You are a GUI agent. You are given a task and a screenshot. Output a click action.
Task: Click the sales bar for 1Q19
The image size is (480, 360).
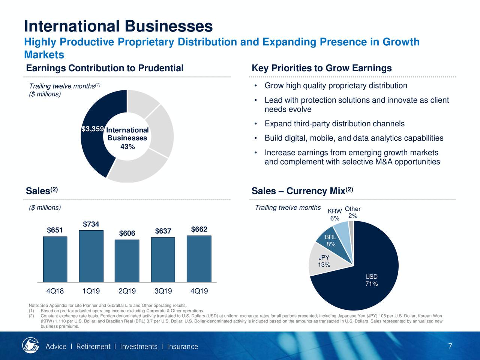click(91, 256)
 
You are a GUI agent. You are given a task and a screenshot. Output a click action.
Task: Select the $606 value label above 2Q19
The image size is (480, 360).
click(127, 234)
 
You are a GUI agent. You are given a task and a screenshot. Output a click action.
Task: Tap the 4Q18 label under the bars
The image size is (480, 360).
click(55, 291)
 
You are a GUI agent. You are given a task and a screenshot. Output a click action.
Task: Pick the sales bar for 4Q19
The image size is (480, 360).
click(199, 259)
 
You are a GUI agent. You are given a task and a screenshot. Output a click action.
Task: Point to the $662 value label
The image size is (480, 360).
click(199, 229)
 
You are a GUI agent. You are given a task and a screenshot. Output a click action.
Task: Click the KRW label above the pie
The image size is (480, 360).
click(334, 211)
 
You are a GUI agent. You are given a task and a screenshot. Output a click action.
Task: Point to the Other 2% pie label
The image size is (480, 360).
click(352, 212)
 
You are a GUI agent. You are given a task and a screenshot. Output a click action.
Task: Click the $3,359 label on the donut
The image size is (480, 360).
click(92, 129)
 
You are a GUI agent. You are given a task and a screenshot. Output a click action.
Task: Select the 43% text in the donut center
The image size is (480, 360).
click(127, 147)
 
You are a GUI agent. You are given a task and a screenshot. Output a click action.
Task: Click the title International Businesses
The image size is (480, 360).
click(118, 26)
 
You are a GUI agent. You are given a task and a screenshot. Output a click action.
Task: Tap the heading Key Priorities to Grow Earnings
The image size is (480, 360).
click(322, 68)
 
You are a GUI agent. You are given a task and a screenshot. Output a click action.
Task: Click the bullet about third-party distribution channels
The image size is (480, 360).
click(334, 124)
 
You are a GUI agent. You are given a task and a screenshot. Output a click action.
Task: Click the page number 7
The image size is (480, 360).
click(450, 346)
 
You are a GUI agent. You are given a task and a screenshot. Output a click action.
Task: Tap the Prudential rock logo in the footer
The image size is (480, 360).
click(30, 345)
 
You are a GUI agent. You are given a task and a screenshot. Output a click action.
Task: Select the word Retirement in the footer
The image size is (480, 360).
click(93, 346)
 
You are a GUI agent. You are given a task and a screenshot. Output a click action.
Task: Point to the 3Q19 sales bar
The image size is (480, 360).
click(163, 259)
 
